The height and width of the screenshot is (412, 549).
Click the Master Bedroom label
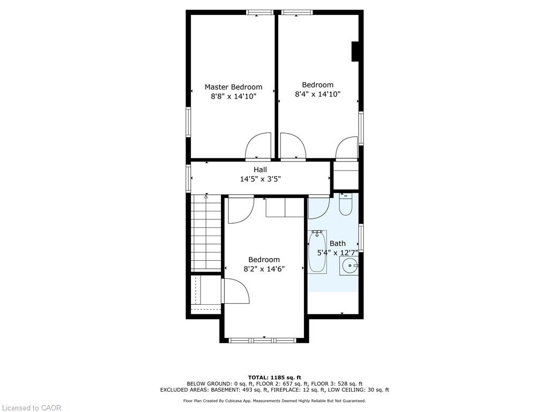pyautogui.click(x=233, y=87)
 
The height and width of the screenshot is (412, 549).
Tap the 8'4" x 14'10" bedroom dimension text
pyautogui.click(x=317, y=94)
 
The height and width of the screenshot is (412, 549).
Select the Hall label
pyautogui.click(x=260, y=170)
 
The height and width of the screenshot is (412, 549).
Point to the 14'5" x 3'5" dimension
pyautogui.click(x=260, y=179)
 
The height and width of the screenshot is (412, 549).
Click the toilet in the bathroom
pyautogui.click(x=345, y=205)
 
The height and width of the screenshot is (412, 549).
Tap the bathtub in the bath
pyautogui.click(x=317, y=252)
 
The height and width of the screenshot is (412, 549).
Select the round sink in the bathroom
pyautogui.click(x=348, y=266)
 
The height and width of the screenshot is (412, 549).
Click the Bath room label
pyautogui.click(x=338, y=243)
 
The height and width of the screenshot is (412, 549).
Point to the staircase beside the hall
pyautogui.click(x=206, y=233)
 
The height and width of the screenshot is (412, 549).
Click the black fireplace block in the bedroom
pyautogui.click(x=355, y=51)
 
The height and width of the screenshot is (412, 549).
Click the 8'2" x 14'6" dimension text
pyautogui.click(x=264, y=269)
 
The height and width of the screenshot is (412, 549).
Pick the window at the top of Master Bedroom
pyautogui.click(x=259, y=13)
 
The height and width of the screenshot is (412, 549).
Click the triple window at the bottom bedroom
pyautogui.click(x=263, y=340)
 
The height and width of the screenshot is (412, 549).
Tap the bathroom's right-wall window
pyautogui.click(x=361, y=238)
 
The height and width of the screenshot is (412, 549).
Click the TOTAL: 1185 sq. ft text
pyautogui.click(x=274, y=377)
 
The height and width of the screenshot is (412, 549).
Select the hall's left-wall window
pyautogui.click(x=188, y=179)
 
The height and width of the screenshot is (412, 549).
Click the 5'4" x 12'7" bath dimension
pyautogui.click(x=338, y=253)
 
